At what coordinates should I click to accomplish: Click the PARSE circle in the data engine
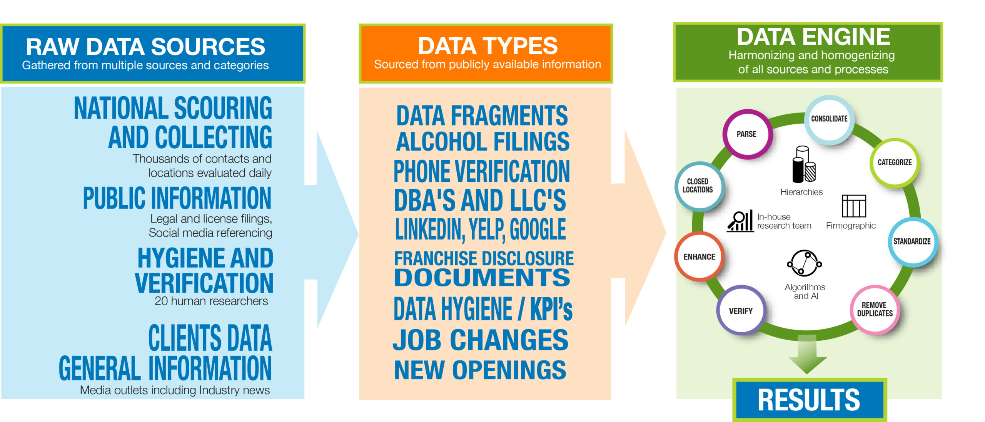[x=747, y=134]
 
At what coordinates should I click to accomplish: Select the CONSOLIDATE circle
[x=829, y=119]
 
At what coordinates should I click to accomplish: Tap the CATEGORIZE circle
[x=895, y=162]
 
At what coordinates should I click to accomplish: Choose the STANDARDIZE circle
[x=912, y=242]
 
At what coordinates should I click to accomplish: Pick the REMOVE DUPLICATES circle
[x=875, y=310]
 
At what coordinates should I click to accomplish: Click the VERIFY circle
[x=741, y=310]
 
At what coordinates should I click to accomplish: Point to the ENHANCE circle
[x=699, y=256]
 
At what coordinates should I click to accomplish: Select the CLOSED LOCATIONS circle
[x=699, y=186]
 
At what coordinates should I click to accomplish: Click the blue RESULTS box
[x=809, y=400]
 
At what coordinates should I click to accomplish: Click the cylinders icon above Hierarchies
[x=804, y=164]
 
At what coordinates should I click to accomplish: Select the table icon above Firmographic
[x=854, y=206]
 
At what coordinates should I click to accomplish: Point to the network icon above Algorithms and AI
[x=804, y=263]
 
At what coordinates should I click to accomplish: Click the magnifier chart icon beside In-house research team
[x=740, y=221]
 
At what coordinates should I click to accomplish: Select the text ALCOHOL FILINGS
[x=483, y=142]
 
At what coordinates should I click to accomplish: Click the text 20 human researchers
[x=211, y=301]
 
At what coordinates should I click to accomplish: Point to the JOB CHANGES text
[x=480, y=340]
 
